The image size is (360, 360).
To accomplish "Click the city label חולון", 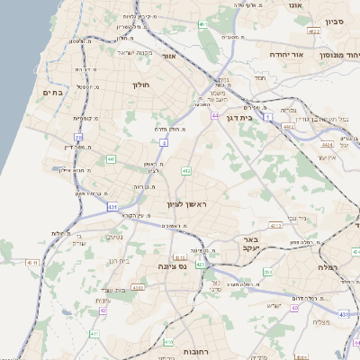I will click(x=140, y=85).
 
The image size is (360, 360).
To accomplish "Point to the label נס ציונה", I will click(x=170, y=266).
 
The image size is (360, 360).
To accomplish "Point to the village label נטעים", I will click(x=114, y=238).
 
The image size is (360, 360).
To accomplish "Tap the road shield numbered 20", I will click(x=78, y=138).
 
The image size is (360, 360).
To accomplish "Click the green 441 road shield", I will click(x=111, y=159).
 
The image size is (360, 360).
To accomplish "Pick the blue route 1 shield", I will click(x=267, y=117).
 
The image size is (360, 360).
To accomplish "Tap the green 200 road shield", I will click(x=267, y=272).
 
